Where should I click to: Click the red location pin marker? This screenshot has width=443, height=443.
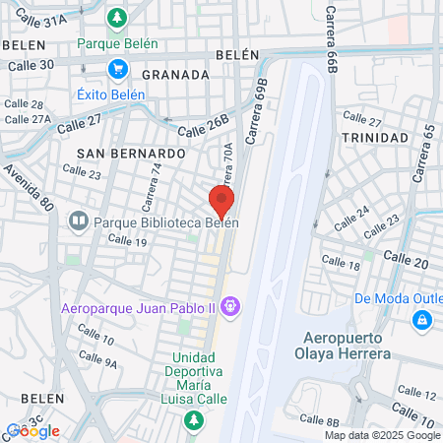(221, 201)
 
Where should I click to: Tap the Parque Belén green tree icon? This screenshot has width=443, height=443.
(116, 18)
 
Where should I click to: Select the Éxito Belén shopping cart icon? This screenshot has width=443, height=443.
(116, 69)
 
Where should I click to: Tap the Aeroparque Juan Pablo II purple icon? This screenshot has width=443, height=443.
(230, 306)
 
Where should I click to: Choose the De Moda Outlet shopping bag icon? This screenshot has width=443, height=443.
(421, 320)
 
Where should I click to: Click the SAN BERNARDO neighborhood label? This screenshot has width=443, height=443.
(131, 155)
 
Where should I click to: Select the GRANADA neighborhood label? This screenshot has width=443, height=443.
(175, 74)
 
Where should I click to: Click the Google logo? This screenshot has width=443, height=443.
(32, 431)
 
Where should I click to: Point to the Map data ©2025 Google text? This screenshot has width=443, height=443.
(382, 435)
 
